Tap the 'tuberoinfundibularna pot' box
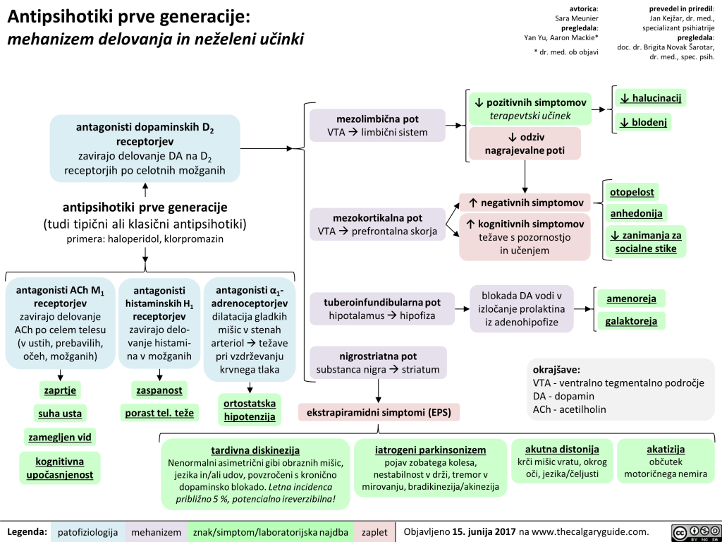click(382, 309)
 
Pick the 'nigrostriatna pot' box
click(378, 362)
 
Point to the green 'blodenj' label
click(642, 122)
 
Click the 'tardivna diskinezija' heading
click(255, 450)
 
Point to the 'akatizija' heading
click(666, 449)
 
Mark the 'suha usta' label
click(59, 413)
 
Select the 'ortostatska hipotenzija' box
click(250, 410)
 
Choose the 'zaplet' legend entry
click(373, 531)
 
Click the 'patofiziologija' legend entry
click(87, 531)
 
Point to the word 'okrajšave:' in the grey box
click(557, 369)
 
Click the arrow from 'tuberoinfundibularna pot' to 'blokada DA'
click(463, 309)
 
